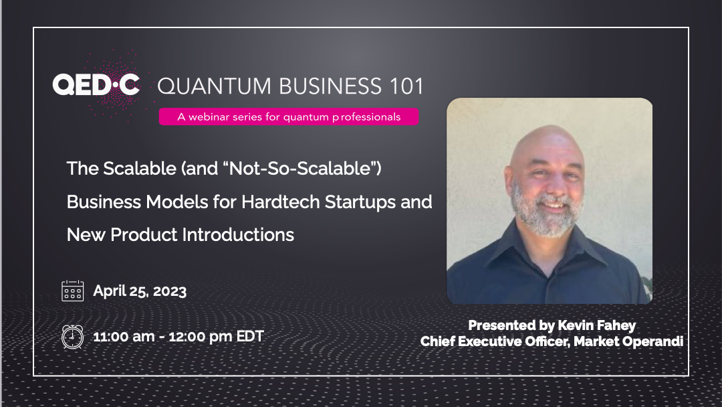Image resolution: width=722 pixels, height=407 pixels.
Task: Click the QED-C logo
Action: click(96, 85)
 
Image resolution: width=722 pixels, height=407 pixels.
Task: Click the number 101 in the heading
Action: click(406, 86)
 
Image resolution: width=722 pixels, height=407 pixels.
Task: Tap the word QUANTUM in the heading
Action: click(215, 87)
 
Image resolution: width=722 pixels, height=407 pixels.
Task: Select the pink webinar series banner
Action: click(289, 116)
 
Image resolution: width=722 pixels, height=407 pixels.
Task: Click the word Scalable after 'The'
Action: click(140, 169)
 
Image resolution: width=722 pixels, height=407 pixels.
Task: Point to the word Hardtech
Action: click(280, 202)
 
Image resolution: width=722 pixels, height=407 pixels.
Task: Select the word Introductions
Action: click(238, 235)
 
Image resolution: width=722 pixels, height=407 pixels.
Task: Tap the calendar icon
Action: click(73, 291)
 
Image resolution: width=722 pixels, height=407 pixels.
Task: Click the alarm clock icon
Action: click(73, 337)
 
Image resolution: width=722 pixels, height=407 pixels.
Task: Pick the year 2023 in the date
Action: click(169, 291)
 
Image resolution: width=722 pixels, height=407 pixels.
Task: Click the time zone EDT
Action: click(250, 337)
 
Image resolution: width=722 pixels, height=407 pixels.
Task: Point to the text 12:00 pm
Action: click(201, 337)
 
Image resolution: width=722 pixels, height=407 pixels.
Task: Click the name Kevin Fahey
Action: click(597, 326)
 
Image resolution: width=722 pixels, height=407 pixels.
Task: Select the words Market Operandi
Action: click(628, 341)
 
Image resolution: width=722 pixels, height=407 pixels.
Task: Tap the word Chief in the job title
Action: click(437, 341)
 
